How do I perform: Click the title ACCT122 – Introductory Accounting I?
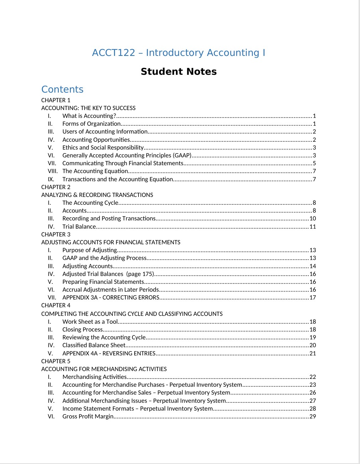click(x=178, y=53)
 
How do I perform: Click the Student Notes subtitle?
click(x=178, y=72)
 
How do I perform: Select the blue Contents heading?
click(x=62, y=89)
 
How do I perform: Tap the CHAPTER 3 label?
click(x=56, y=234)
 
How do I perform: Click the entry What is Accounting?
click(x=89, y=116)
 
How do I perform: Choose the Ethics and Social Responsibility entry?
click(x=103, y=147)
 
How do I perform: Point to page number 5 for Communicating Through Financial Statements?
click(x=314, y=163)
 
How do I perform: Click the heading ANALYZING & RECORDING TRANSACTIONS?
click(x=97, y=195)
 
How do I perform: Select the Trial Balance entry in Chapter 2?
click(x=79, y=226)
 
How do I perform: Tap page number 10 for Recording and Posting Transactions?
click(x=313, y=218)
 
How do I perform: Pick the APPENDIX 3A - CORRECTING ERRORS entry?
click(x=111, y=297)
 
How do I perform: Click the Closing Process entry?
click(x=83, y=329)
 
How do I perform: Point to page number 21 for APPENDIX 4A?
click(x=313, y=353)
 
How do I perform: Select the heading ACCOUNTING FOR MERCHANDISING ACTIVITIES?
click(x=104, y=369)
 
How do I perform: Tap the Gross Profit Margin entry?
click(x=88, y=416)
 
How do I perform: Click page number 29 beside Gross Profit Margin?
click(x=313, y=416)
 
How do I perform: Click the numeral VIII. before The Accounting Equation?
click(x=53, y=171)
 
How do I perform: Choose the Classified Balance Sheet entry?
click(x=94, y=345)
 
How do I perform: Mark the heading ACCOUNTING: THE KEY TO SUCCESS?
click(x=88, y=108)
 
